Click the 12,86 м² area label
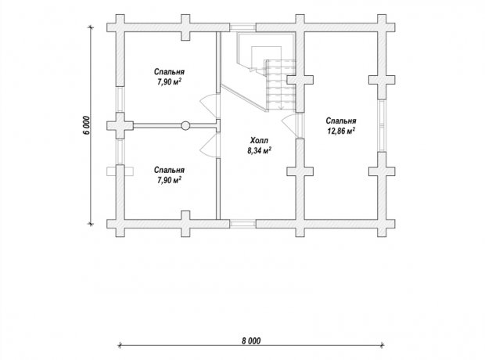click(341, 131)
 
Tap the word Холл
click(259, 141)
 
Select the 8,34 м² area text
click(259, 151)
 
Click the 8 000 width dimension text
click(251, 340)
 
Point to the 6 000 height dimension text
click(88, 125)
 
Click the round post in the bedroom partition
click(185, 126)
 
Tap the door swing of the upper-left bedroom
click(209, 106)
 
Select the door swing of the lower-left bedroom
click(209, 145)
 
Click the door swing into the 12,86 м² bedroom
click(290, 125)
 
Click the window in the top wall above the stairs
click(242, 27)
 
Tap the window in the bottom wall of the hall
click(242, 224)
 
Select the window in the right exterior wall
click(382, 125)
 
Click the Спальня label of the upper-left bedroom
click(169, 72)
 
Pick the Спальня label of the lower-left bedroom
click(169, 170)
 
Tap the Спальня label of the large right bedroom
click(341, 121)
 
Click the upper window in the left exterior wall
click(120, 99)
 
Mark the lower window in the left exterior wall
click(120, 152)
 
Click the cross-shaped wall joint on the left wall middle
click(120, 126)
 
